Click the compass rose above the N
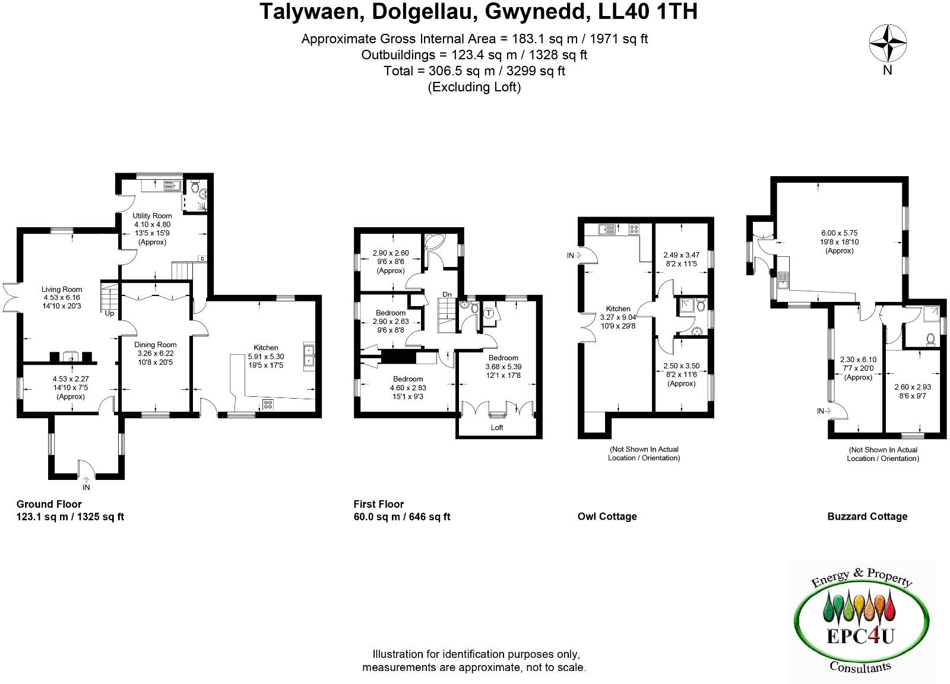[888, 43]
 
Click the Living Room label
[62, 289]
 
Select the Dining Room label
[155, 345]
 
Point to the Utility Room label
[152, 216]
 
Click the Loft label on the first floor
[497, 427]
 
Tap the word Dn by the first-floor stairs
[446, 294]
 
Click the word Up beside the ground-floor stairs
[109, 313]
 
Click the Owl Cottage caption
[607, 516]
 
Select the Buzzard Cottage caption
[867, 516]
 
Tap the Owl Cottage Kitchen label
[617, 308]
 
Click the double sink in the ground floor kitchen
[309, 355]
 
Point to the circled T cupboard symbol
[489, 313]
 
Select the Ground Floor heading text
[49, 504]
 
